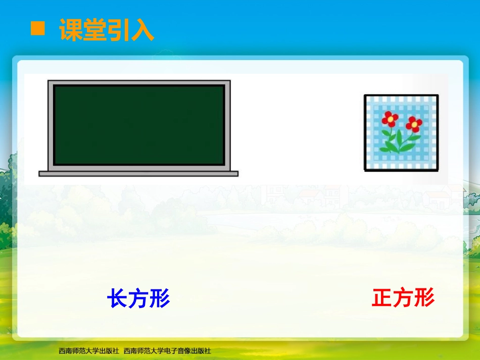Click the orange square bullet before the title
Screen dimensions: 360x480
pyautogui.click(x=37, y=28)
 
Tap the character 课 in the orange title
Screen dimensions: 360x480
pyautogui.click(x=71, y=30)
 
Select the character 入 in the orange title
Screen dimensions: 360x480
pyautogui.click(x=142, y=30)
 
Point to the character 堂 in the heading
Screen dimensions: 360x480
pyautogui.click(x=95, y=30)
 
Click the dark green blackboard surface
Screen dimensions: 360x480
pyautogui.click(x=139, y=125)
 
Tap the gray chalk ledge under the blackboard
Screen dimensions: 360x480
pyautogui.click(x=138, y=174)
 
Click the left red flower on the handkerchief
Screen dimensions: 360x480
pyautogui.click(x=390, y=119)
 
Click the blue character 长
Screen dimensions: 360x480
pyautogui.click(x=117, y=299)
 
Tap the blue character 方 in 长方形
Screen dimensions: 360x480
pyautogui.click(x=138, y=299)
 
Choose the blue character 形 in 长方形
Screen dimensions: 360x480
pyautogui.click(x=160, y=299)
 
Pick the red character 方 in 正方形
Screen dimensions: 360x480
pyautogui.click(x=403, y=298)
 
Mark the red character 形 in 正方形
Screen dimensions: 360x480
pyautogui.click(x=424, y=298)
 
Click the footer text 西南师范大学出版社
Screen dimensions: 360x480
pyautogui.click(x=89, y=350)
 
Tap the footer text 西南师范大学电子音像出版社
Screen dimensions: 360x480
pyautogui.click(x=167, y=350)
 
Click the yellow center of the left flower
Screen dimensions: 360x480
pyautogui.click(x=390, y=119)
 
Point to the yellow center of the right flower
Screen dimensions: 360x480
pyautogui.click(x=414, y=123)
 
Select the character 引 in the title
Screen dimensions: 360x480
pyautogui.click(x=119, y=30)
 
